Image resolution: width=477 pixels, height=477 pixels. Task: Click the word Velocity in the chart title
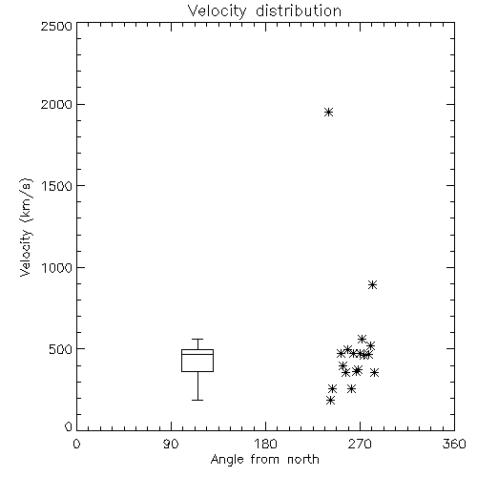[217, 11]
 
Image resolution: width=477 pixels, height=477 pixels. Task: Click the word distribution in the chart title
[299, 10]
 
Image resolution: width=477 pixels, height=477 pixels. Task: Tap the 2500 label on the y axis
[56, 26]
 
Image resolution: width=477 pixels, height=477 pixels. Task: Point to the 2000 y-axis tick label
[56, 104]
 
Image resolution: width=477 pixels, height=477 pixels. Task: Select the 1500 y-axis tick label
[57, 186]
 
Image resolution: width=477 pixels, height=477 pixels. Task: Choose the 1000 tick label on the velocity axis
[57, 267]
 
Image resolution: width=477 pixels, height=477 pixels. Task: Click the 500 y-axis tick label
[61, 349]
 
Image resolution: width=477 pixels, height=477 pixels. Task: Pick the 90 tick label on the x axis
[171, 444]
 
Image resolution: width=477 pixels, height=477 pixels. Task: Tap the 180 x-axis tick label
[265, 444]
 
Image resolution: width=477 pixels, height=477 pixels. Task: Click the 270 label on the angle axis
[360, 444]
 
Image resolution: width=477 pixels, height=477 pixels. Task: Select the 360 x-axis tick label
[454, 444]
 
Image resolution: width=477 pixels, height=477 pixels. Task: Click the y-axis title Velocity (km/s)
[26, 227]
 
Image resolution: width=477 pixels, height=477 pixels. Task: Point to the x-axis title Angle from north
[265, 459]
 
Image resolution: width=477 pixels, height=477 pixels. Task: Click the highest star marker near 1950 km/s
[328, 112]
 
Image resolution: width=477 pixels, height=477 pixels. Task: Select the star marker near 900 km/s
[373, 284]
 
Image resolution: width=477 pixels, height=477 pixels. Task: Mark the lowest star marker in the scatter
[330, 400]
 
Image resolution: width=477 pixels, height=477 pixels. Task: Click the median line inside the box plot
[197, 354]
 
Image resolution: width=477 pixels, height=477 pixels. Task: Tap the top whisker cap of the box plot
[197, 339]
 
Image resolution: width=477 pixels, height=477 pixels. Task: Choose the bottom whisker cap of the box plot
[197, 400]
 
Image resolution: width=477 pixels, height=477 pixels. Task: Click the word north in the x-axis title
[303, 459]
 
